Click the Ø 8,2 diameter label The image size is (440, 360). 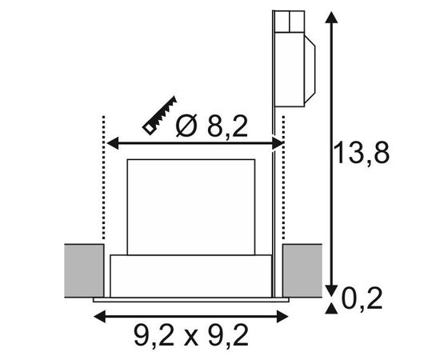pos(212,126)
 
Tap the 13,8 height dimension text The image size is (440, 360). pos(362,153)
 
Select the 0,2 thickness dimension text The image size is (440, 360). pos(362,298)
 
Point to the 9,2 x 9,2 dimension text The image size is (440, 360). pos(191,335)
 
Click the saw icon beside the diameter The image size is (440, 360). pos(160,116)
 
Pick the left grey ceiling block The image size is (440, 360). pos(84,270)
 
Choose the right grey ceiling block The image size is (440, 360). pos(302,270)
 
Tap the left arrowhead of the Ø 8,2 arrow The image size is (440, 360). pos(113,143)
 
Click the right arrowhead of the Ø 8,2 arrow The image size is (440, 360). pos(278,143)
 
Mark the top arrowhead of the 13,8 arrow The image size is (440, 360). pos(331,18)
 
